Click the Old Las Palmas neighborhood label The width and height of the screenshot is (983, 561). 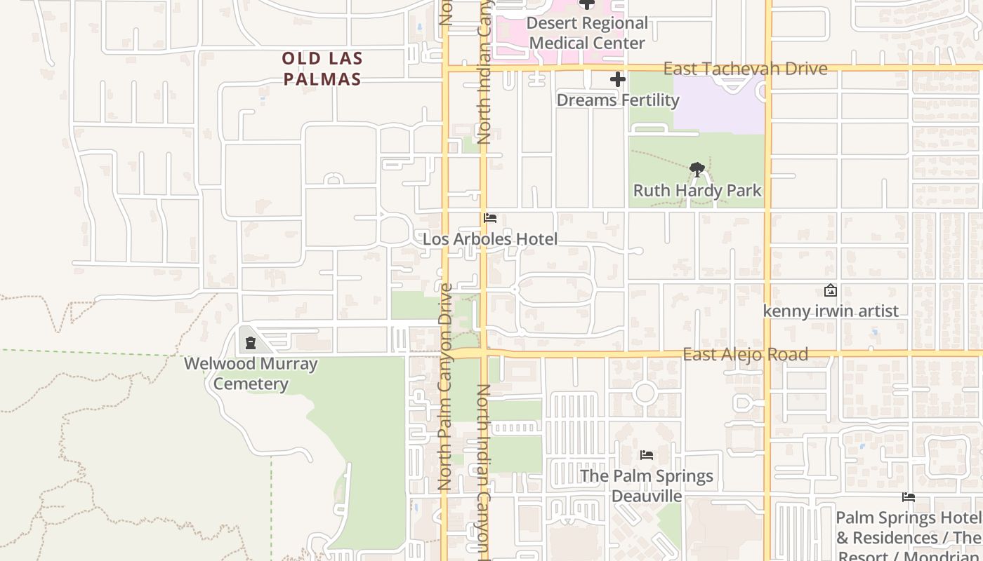(x=322, y=69)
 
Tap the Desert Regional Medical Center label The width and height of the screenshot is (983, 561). (x=587, y=33)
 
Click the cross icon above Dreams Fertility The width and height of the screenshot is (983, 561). (x=618, y=80)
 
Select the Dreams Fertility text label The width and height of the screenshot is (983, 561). (x=618, y=100)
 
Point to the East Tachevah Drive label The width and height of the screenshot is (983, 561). (x=745, y=69)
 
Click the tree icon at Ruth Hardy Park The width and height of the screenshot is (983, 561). (x=697, y=169)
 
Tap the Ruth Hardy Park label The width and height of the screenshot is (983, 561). (x=697, y=190)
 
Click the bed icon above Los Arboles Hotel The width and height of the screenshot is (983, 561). (x=490, y=218)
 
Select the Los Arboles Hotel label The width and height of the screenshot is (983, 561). (x=490, y=239)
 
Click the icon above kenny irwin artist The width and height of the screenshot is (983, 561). (x=831, y=290)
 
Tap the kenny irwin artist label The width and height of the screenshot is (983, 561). (x=831, y=311)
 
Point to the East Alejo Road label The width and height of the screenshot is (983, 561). (x=745, y=354)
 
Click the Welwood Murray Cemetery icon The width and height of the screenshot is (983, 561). (x=251, y=343)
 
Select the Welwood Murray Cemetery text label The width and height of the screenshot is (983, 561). (x=251, y=374)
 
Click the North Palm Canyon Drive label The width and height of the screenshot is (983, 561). (x=444, y=386)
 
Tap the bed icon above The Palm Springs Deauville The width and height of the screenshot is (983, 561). (x=647, y=455)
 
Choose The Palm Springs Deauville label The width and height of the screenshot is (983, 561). (x=647, y=485)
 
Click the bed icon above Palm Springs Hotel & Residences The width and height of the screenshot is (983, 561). (x=909, y=497)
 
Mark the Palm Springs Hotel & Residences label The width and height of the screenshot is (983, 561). (x=909, y=536)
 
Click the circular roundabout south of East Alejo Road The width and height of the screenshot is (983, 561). (x=645, y=393)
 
